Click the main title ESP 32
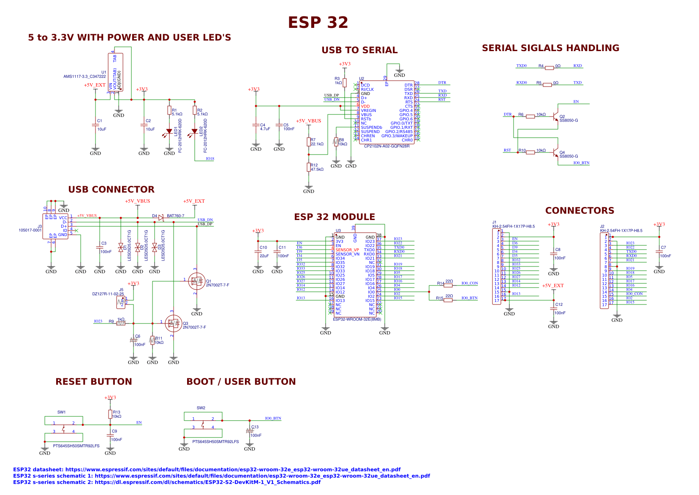[318, 22]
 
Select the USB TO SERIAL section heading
[359, 50]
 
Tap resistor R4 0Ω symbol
[549, 68]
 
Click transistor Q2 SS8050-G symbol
[555, 118]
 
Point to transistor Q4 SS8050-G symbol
[555, 154]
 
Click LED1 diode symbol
[169, 131]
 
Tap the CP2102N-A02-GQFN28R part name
[386, 146]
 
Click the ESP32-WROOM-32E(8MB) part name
[357, 319]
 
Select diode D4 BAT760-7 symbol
[161, 218]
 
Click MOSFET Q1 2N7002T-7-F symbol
[196, 281]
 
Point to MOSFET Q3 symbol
[173, 324]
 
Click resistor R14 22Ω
[448, 285]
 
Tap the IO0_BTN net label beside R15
[469, 298]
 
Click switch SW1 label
[62, 412]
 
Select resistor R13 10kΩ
[110, 414]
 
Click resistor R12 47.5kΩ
[309, 167]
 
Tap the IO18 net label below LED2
[210, 159]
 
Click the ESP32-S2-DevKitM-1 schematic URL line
[167, 482]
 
